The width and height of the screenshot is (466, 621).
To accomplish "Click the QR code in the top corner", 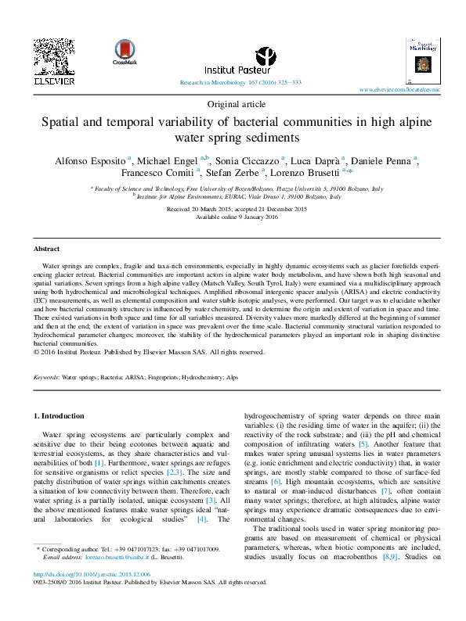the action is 54,56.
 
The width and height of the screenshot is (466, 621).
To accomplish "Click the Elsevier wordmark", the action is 54,81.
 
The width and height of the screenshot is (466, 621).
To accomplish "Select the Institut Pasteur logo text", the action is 226,69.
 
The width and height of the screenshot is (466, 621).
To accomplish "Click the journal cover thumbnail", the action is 422,58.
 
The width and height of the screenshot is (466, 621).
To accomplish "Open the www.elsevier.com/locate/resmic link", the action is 399,90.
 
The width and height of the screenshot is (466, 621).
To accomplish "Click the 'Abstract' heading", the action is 47,249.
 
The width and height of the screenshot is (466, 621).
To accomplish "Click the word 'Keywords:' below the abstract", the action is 47,377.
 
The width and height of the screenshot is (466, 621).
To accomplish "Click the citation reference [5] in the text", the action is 363,444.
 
